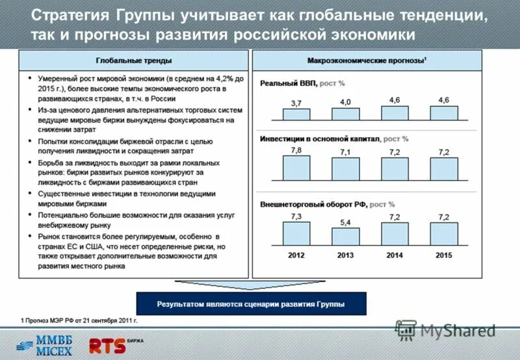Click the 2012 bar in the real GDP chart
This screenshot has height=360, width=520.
click(296, 114)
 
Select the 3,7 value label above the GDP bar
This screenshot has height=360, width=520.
click(296, 103)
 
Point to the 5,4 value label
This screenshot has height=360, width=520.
click(345, 223)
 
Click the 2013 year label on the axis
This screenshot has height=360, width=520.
click(345, 255)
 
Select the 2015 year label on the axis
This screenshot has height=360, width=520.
click(444, 255)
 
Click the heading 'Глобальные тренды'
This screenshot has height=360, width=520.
click(134, 60)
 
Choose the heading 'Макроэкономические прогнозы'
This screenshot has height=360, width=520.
click(366, 60)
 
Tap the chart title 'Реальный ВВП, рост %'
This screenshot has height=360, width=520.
click(302, 83)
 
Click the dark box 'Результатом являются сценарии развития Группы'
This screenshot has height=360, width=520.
click(251, 304)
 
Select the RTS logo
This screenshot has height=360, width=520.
click(108, 344)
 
